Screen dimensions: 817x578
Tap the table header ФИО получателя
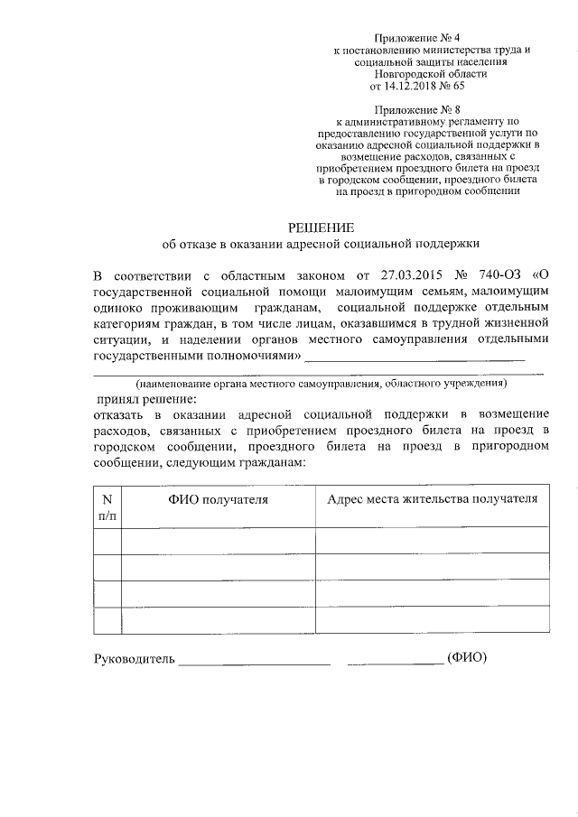point(218,499)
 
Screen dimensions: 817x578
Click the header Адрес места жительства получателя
point(432,499)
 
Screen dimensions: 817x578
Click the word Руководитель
point(133,659)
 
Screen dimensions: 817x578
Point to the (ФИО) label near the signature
point(467,659)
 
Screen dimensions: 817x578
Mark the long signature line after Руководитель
point(254,664)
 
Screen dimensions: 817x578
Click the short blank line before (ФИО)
point(395,664)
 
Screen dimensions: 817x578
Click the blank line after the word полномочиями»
point(415,359)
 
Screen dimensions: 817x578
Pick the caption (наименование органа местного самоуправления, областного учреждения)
point(322,383)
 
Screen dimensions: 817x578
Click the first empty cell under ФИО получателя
point(218,540)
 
